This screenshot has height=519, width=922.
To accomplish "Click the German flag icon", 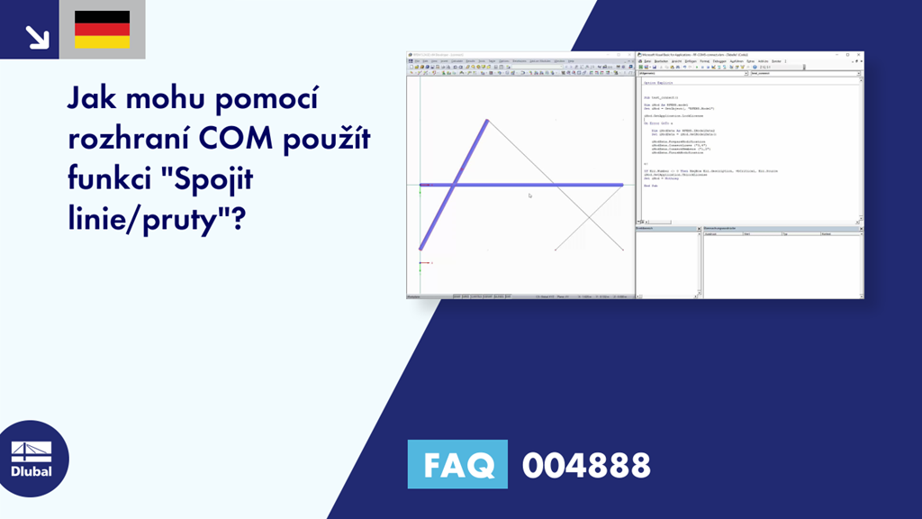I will [102, 30].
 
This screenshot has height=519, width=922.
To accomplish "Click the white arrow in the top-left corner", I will [37, 36].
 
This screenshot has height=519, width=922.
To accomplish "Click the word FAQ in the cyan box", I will [457, 465].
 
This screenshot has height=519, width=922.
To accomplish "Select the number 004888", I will [586, 466].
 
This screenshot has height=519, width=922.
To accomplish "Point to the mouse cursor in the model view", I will [530, 195].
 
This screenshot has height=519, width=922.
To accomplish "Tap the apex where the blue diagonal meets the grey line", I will [488, 120].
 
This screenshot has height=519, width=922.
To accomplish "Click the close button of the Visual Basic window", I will [858, 56].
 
